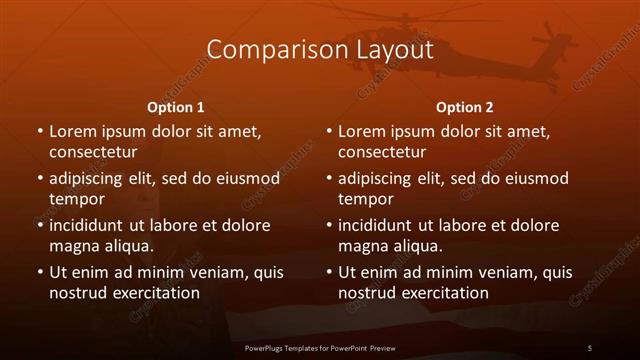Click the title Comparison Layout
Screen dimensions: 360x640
320,49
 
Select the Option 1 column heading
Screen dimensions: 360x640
176,107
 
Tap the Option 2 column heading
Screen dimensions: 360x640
465,107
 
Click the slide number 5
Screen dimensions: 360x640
590,347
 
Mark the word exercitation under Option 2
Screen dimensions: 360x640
444,293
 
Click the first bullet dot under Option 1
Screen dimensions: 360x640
39,131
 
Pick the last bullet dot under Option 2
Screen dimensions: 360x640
329,271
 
